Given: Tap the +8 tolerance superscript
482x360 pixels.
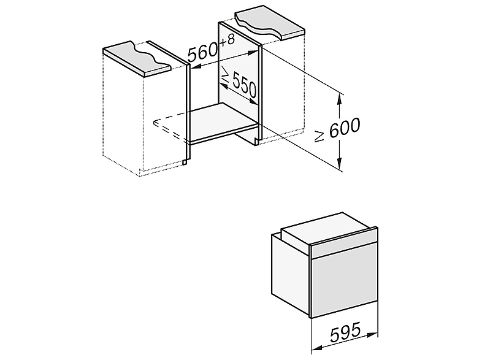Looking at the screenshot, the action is tap(227, 40).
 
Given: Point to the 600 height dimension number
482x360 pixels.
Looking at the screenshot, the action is tap(344, 127).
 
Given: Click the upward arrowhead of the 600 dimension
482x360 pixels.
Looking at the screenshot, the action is tap(339, 99).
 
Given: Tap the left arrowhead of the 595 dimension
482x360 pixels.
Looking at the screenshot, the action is tap(317, 348).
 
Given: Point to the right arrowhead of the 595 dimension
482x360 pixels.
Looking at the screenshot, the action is tap(372, 334).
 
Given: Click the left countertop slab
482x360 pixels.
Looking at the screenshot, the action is tap(137, 58).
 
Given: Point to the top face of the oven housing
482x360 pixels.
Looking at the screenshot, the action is tap(328, 227).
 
